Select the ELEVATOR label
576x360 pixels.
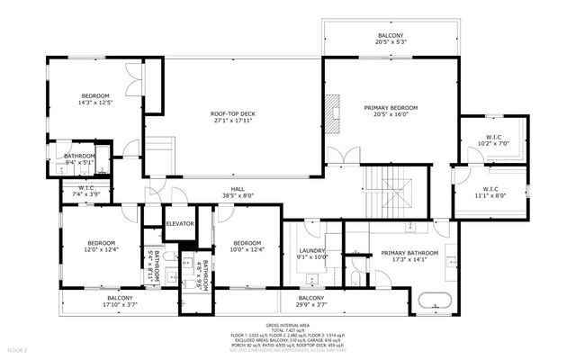pos(180,224)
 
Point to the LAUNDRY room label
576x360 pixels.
pos(310,251)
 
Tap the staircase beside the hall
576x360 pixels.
pos(393,187)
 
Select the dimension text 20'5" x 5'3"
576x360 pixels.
pos(391,41)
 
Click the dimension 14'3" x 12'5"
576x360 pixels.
pos(96,103)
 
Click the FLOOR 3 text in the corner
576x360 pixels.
pos(18,348)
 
